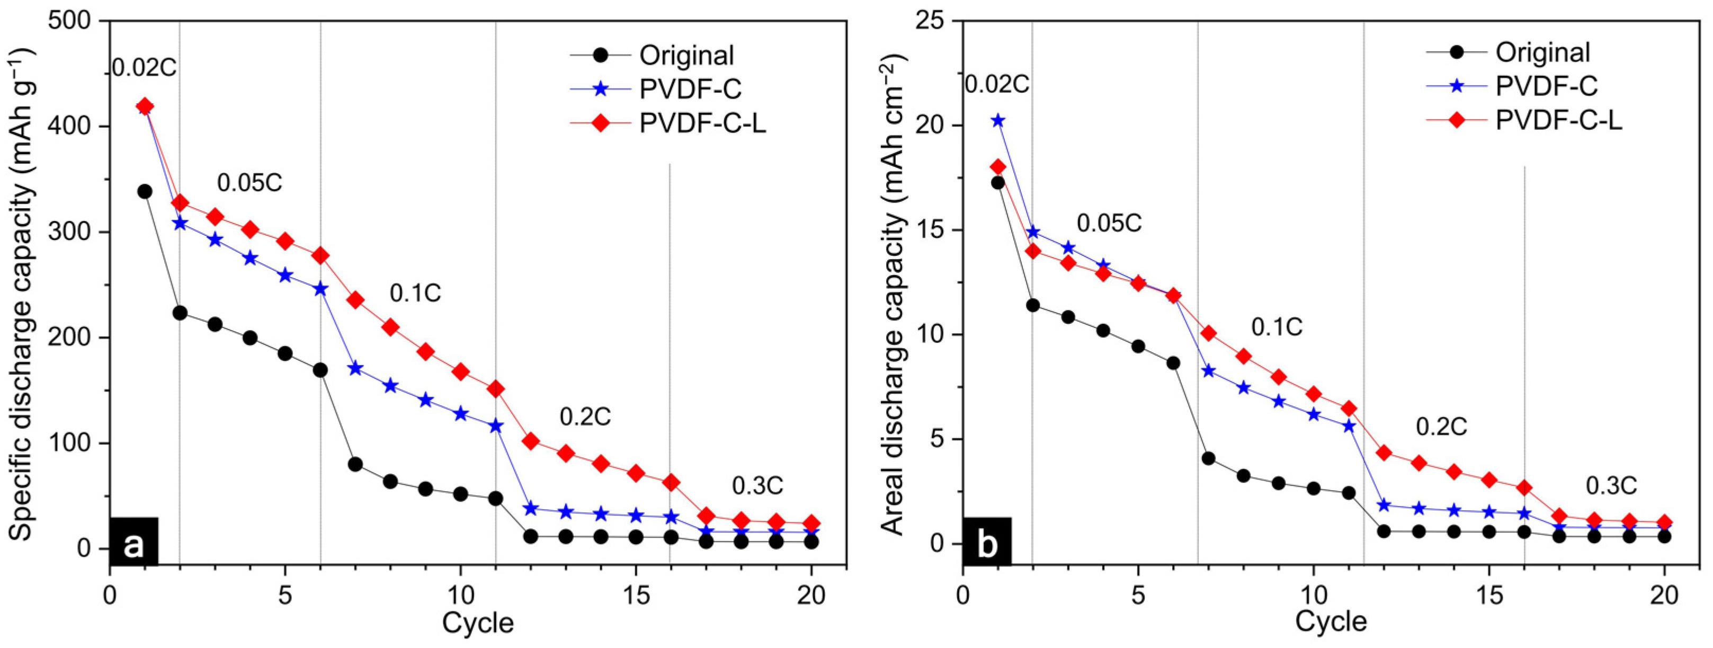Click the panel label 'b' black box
coord(987,542)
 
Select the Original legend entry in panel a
coord(686,55)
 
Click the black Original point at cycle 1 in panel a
coord(144,192)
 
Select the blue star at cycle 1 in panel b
coord(997,120)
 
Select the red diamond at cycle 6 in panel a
coord(320,255)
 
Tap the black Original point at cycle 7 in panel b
coord(1208,458)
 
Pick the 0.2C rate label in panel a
coord(585,416)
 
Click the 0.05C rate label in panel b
coord(1109,224)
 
